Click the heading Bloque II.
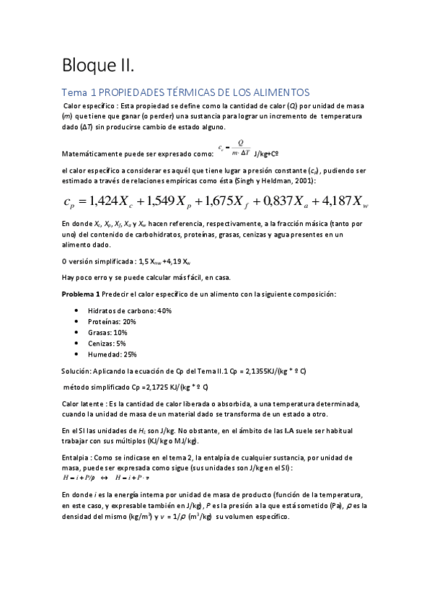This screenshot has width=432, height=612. click(x=97, y=66)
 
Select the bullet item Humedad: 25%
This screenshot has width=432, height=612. click(x=112, y=354)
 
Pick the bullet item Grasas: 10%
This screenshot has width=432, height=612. click(x=107, y=332)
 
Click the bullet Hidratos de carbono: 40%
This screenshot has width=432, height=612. click(x=129, y=310)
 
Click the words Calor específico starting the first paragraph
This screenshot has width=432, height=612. click(x=90, y=105)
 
